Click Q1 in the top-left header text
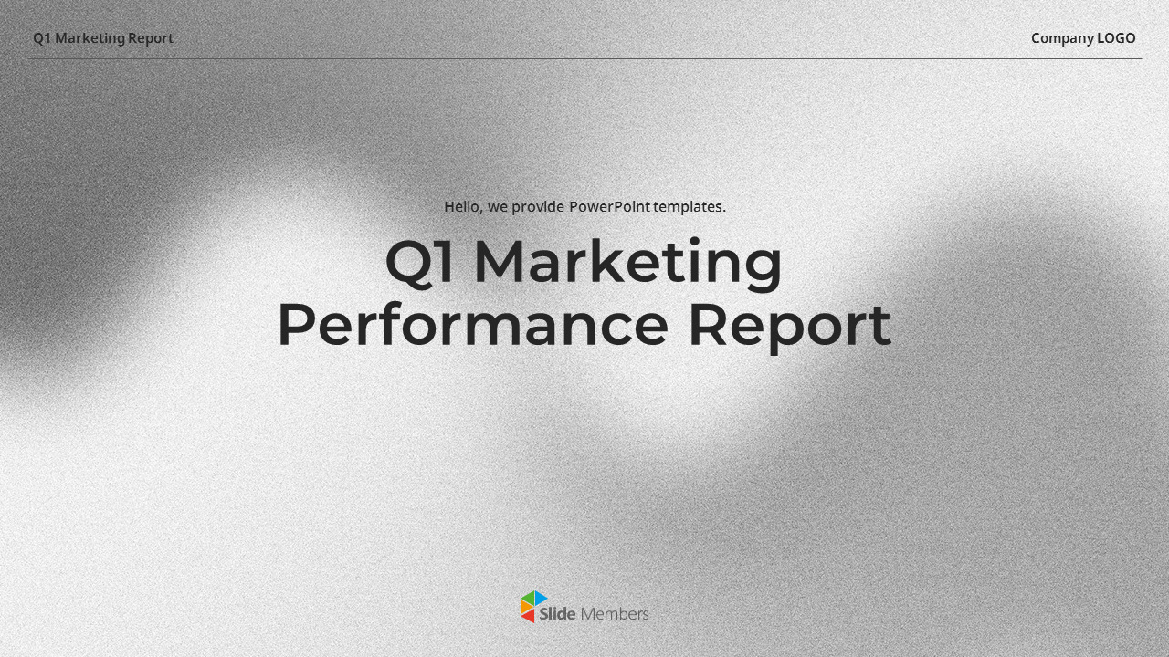tap(42, 38)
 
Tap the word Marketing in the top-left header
tap(90, 38)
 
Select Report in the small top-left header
tap(151, 38)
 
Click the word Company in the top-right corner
tap(1062, 38)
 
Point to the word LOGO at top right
tap(1116, 38)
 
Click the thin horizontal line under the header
tap(584, 59)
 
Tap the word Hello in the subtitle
tap(463, 207)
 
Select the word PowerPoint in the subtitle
tap(609, 207)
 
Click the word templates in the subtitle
tap(689, 207)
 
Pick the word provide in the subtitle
tap(538, 207)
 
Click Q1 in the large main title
tap(421, 263)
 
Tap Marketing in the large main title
tap(627, 263)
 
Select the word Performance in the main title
tap(472, 326)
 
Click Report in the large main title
tap(788, 326)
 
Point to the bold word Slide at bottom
tap(557, 614)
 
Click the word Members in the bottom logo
tap(615, 614)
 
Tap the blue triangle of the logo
tap(540, 598)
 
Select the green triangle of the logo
tap(527, 598)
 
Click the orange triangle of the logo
tap(524, 607)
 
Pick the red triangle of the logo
tap(529, 616)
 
